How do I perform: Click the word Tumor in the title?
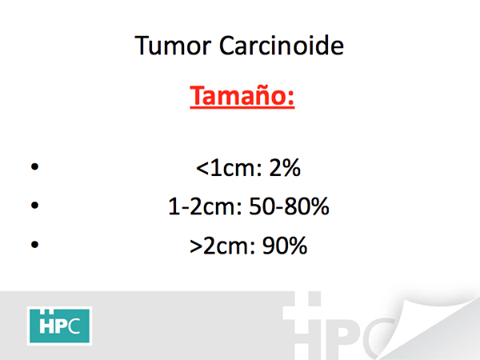pyautogui.click(x=173, y=46)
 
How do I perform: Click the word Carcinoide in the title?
pyautogui.click(x=282, y=46)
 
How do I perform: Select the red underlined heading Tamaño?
pyautogui.click(x=242, y=96)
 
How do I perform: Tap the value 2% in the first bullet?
pyautogui.click(x=285, y=168)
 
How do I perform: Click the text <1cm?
pyautogui.click(x=229, y=168)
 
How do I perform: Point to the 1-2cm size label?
pyautogui.click(x=205, y=206)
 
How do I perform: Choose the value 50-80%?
pyautogui.click(x=290, y=206)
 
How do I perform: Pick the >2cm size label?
pyautogui.click(x=222, y=246)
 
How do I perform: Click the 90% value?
pyautogui.click(x=285, y=246)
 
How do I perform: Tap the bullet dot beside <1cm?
pyautogui.click(x=35, y=166)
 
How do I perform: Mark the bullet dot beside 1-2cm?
pyautogui.click(x=35, y=205)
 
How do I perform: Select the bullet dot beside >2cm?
pyautogui.click(x=35, y=244)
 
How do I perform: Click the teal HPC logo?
pyautogui.click(x=59, y=326)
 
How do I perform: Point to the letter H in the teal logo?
pyautogui.click(x=46, y=325)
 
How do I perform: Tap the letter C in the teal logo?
pyautogui.click(x=74, y=326)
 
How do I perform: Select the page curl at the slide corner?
pyautogui.click(x=429, y=325)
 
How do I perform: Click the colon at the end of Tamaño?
pyautogui.click(x=291, y=97)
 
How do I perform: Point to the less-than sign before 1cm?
pyautogui.click(x=202, y=169)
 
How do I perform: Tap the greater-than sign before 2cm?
pyautogui.click(x=196, y=246)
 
